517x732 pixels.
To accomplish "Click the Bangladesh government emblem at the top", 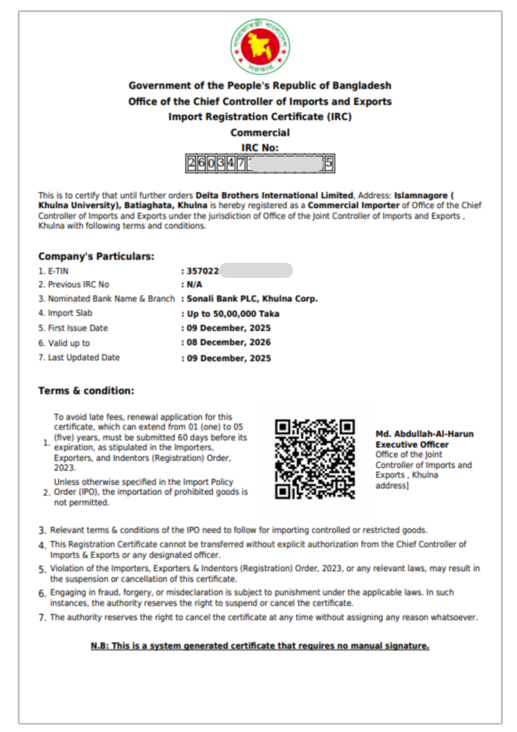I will tap(260, 47).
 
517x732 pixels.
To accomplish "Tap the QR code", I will tap(315, 459).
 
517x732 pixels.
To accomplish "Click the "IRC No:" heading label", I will tap(260, 147).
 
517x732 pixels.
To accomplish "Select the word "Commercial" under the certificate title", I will tap(260, 132).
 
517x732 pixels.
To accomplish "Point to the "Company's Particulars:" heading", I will tap(96, 256).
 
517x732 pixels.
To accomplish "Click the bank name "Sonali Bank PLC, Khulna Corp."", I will tap(252, 299).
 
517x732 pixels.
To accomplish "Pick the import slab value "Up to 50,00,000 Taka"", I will tap(232, 314).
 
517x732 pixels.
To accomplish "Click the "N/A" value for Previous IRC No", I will tap(194, 285).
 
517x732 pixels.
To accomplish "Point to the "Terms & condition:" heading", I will tap(86, 390).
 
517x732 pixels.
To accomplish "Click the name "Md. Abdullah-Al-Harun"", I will tap(424, 434).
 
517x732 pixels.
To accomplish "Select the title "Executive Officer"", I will tap(412, 444).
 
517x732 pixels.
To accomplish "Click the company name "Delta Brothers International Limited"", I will tap(275, 195).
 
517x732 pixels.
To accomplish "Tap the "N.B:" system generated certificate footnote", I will tap(260, 646).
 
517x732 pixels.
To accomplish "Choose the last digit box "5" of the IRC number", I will tap(328, 164).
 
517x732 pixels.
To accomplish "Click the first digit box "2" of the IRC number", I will tap(191, 164).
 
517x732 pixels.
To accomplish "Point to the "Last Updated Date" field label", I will tap(84, 357).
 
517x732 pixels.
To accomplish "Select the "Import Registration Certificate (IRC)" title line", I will tap(260, 117).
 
